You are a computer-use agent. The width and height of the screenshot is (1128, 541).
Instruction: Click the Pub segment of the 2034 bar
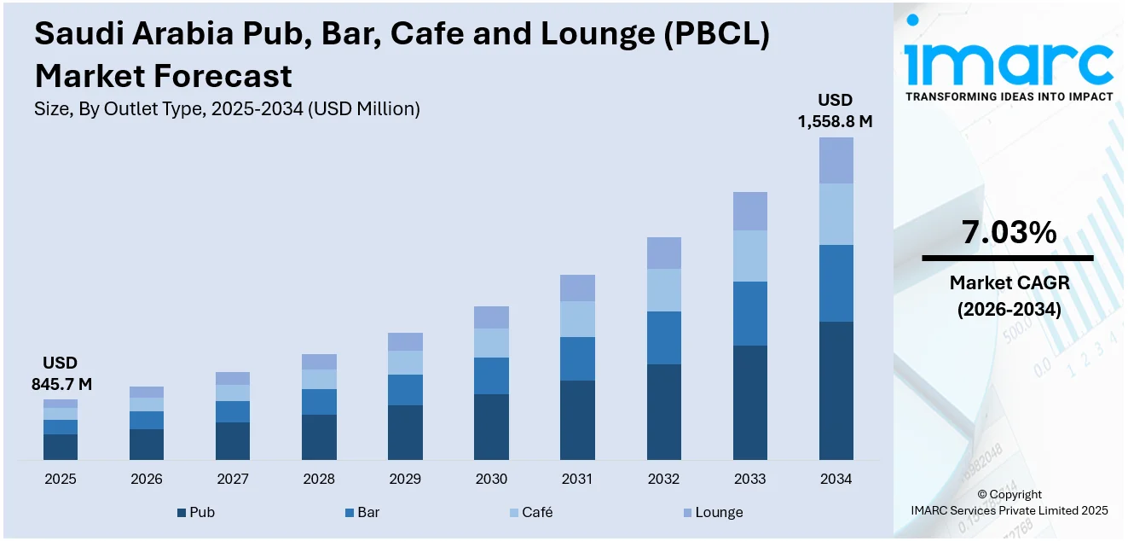[x=836, y=391]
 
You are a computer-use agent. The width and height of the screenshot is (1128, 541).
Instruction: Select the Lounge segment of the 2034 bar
[x=836, y=160]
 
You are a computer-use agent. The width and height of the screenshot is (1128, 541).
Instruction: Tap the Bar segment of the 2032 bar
[x=663, y=338]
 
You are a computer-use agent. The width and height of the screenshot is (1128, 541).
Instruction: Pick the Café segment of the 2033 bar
[x=749, y=256]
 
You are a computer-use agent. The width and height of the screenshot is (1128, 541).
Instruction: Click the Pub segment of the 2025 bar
[x=61, y=447]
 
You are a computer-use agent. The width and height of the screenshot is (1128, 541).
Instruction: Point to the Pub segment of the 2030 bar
[x=491, y=427]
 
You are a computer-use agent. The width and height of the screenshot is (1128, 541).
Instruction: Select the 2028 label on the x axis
[x=319, y=479]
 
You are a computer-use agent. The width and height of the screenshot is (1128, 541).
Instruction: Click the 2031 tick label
[x=577, y=479]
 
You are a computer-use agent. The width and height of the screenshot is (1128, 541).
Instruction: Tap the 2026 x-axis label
[x=147, y=479]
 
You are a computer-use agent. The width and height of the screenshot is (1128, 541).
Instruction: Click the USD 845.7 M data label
[x=61, y=374]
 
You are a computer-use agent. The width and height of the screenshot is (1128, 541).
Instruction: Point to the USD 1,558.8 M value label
[x=835, y=111]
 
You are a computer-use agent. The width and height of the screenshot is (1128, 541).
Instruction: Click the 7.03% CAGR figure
[x=1009, y=232]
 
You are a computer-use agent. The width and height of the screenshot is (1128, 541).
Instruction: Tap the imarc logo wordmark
[x=1008, y=60]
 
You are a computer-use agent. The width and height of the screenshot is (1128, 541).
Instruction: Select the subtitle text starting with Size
[x=227, y=108]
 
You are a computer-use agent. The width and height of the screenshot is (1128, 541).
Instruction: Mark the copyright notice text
[x=1009, y=502]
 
